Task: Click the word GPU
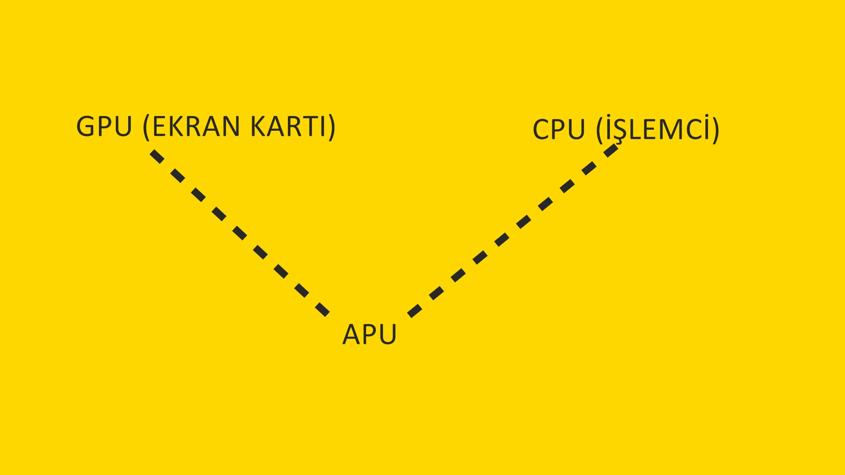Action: point(104,127)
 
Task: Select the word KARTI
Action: point(288,127)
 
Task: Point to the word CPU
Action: point(559,130)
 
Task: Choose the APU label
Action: point(369,334)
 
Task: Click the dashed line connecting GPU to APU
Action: point(240,233)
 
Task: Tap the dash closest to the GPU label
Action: point(157,156)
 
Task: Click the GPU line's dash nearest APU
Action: point(323,309)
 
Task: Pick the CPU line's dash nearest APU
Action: point(415,310)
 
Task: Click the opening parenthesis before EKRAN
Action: point(147,128)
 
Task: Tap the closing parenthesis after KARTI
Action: point(331,128)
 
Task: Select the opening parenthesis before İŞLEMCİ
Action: point(600,131)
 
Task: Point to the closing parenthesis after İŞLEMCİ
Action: point(716,131)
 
